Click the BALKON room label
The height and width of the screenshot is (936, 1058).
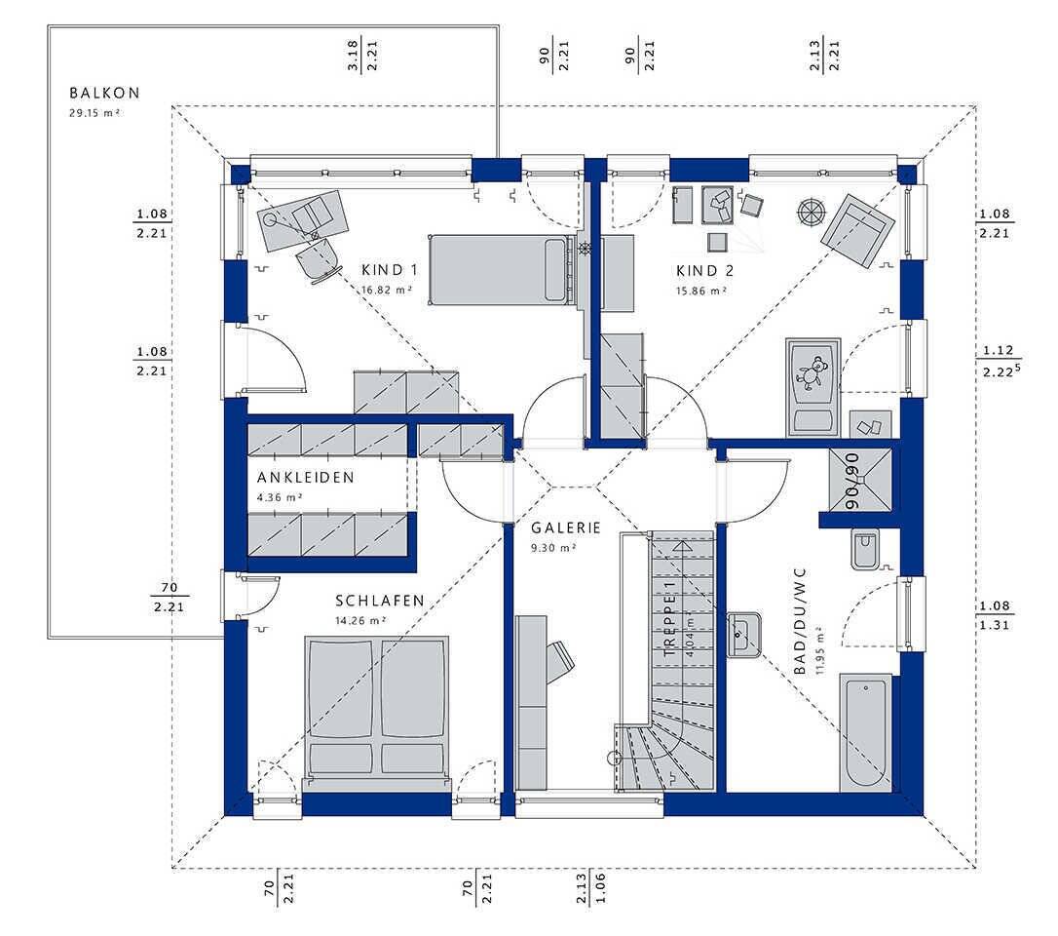click(x=104, y=94)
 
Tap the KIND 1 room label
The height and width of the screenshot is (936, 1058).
click(x=390, y=270)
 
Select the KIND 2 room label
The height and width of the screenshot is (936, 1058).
click(x=704, y=271)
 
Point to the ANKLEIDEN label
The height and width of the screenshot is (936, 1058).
click(x=305, y=478)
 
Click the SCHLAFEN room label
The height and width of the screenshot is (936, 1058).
click(x=380, y=601)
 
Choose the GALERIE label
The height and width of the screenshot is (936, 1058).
click(x=565, y=528)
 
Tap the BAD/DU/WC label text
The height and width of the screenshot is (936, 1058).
click(x=800, y=621)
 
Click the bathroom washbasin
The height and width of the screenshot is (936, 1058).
click(x=744, y=635)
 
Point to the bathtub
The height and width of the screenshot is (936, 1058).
click(x=866, y=732)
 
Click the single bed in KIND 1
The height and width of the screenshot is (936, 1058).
click(x=500, y=270)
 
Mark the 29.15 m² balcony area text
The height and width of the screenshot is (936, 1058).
click(x=94, y=113)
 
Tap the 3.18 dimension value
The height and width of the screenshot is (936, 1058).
click(x=353, y=56)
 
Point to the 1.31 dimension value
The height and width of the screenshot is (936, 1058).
click(x=996, y=625)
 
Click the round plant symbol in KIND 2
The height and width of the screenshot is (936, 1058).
click(x=812, y=212)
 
